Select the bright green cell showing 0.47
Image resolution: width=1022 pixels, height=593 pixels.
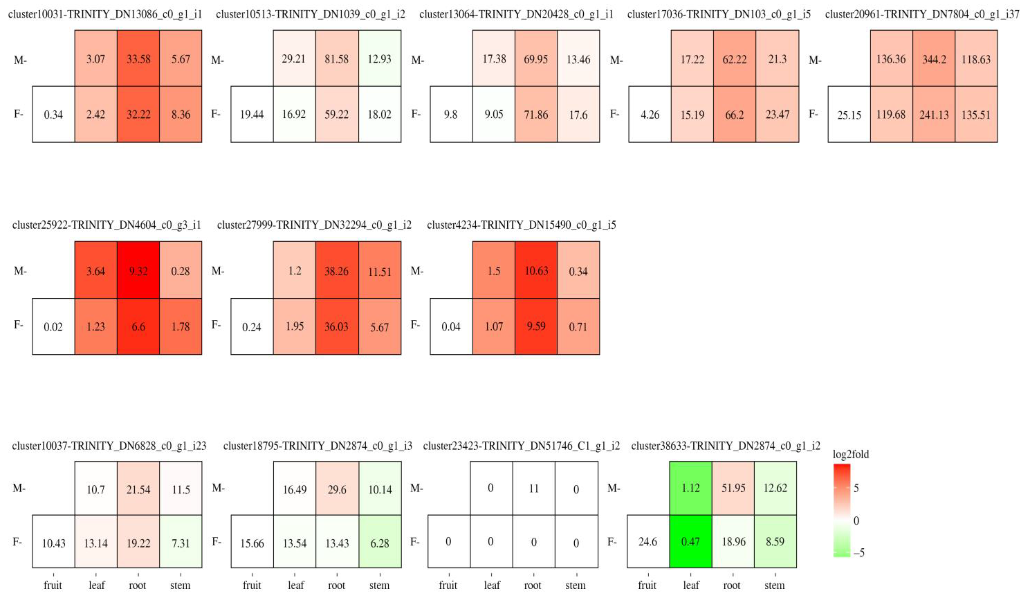click(x=690, y=542)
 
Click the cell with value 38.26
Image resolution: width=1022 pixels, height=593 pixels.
click(x=337, y=271)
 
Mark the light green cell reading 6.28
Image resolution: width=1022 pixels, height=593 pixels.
click(x=380, y=543)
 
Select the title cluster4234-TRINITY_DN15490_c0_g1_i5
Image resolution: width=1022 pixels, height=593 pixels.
click(x=521, y=225)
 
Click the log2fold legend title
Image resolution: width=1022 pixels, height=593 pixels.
click(x=851, y=454)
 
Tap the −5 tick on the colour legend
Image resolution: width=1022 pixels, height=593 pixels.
click(x=859, y=552)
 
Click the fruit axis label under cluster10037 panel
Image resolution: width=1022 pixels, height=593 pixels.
click(x=53, y=585)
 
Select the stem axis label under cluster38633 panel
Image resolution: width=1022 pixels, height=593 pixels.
click(x=774, y=585)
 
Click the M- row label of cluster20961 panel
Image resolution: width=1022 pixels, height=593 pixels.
click(x=815, y=60)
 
